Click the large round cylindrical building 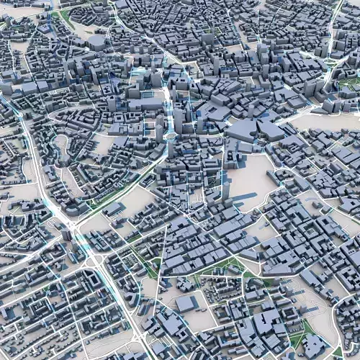point(96,43)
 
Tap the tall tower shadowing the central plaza point(225,189)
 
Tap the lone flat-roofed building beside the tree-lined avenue point(114,210)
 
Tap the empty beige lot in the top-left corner point(18,10)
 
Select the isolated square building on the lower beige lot point(186,303)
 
